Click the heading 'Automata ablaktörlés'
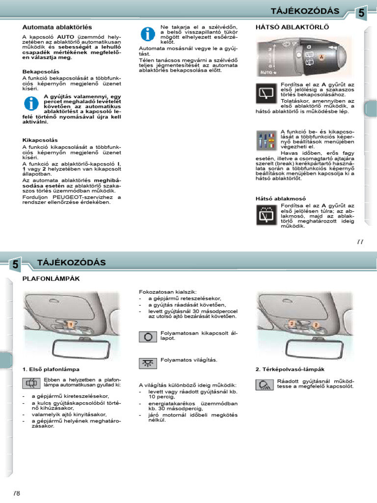click(x=57, y=27)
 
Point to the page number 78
click(x=17, y=492)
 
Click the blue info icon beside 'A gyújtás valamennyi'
click(x=31, y=104)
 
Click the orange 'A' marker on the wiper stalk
click(x=322, y=57)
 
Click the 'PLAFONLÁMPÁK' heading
click(x=51, y=279)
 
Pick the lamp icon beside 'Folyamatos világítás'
click(x=147, y=363)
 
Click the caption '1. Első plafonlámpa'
click(x=51, y=369)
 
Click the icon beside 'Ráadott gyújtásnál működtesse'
click(x=264, y=385)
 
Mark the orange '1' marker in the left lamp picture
click(x=71, y=325)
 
